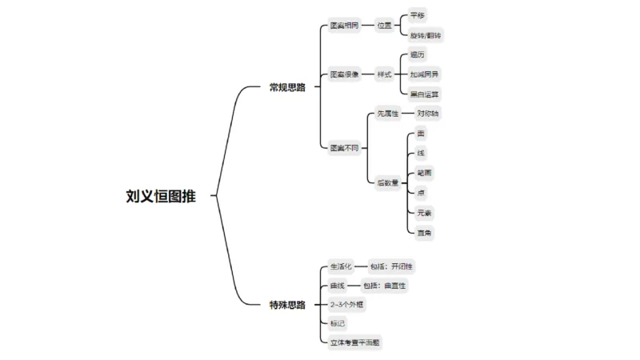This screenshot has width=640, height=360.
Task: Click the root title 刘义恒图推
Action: click(x=160, y=195)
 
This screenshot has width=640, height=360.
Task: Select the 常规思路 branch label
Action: click(x=287, y=87)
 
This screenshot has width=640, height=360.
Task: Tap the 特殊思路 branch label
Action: click(x=287, y=305)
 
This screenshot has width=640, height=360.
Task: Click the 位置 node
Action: click(x=385, y=26)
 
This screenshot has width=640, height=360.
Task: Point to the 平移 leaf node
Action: click(x=418, y=15)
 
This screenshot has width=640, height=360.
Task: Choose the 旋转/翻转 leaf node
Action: click(x=426, y=36)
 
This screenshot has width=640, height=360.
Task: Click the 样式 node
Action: click(x=385, y=74)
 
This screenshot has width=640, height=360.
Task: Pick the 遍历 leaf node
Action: click(x=418, y=54)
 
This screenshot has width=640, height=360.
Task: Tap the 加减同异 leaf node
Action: click(x=424, y=74)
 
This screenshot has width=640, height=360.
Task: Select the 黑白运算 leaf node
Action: click(x=424, y=94)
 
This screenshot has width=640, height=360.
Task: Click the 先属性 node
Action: click(x=388, y=114)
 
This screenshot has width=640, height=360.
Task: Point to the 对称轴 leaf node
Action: click(x=427, y=114)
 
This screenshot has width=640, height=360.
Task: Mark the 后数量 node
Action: click(x=388, y=182)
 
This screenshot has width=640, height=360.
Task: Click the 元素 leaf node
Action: click(x=424, y=213)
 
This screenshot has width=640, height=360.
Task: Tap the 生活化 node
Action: click(x=341, y=266)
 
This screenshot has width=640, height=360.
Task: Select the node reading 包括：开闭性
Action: click(x=391, y=266)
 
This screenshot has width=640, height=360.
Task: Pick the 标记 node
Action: click(x=338, y=324)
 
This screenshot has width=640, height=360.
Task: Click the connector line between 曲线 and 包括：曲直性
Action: click(x=353, y=286)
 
